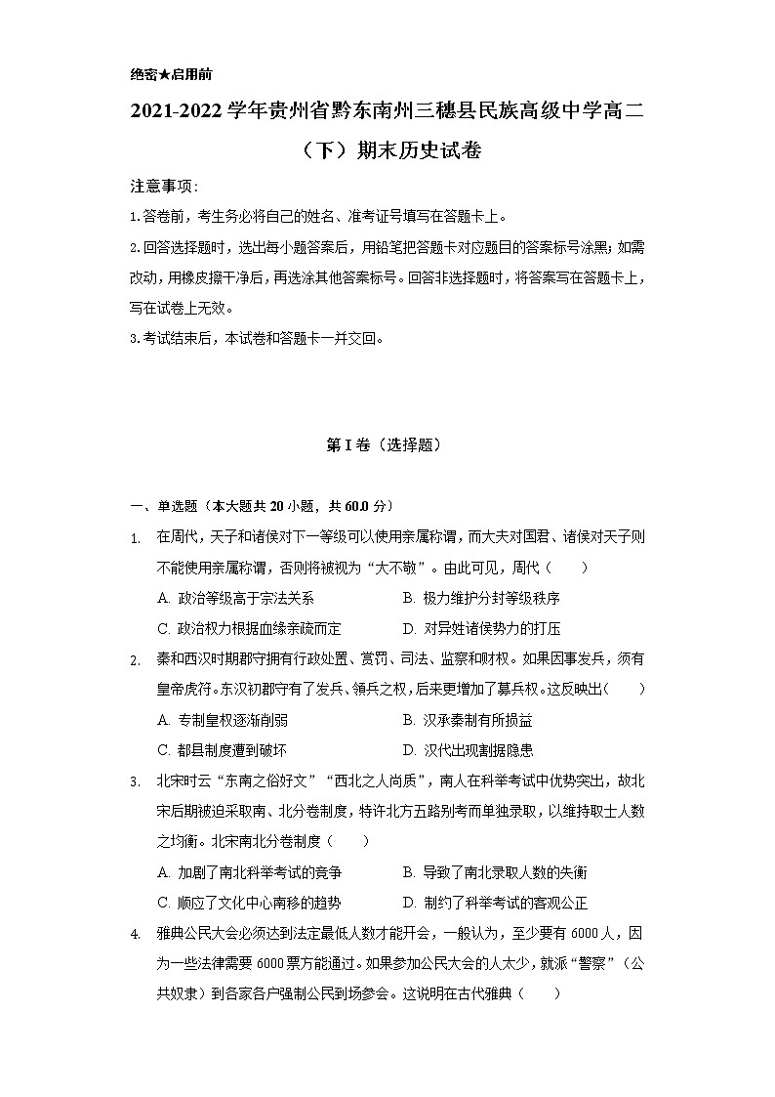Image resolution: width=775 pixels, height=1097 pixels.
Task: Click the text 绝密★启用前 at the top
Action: pyautogui.click(x=171, y=74)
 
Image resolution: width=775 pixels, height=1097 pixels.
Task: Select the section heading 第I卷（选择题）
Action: pyautogui.click(x=387, y=444)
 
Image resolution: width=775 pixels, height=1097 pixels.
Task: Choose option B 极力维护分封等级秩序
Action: pyautogui.click(x=480, y=599)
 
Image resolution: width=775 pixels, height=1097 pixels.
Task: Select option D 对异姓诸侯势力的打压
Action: pyautogui.click(x=480, y=629)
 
